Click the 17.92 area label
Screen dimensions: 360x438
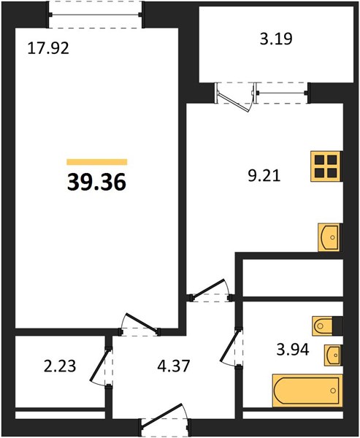48,48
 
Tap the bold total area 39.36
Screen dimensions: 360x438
96,182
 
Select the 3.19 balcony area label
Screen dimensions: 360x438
276,39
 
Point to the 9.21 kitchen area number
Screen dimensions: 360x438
264,176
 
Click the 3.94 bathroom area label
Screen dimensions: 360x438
293,350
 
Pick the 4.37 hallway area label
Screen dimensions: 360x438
174,366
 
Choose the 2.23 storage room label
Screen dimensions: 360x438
60,366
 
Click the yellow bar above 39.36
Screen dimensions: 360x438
97,162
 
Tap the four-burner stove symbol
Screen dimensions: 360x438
326,166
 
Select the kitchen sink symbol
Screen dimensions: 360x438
329,237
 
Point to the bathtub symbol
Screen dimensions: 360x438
307,391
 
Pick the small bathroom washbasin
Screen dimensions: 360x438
333,355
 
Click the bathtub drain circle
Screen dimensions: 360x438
333,391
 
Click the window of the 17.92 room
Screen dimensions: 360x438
96,15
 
